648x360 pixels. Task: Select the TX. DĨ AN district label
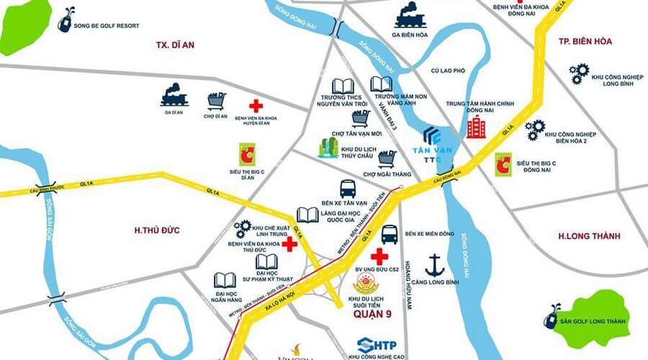[x=176, y=45]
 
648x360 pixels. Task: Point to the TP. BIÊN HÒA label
[x=585, y=41]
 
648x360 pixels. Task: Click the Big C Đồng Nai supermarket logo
[x=503, y=163]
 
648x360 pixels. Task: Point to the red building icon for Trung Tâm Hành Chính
[x=476, y=127]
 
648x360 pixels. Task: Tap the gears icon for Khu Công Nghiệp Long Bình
[x=579, y=72]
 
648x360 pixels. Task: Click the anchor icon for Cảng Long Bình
[x=433, y=264]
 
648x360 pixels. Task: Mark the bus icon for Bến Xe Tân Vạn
[x=348, y=189]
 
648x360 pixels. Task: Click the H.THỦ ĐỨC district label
[x=156, y=230]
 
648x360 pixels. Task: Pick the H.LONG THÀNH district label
[x=589, y=235]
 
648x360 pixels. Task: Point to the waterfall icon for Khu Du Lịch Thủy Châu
[x=328, y=147]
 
